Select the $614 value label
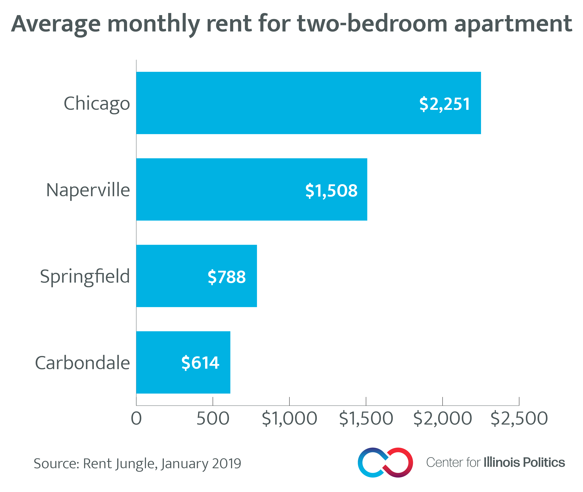click(x=200, y=363)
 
